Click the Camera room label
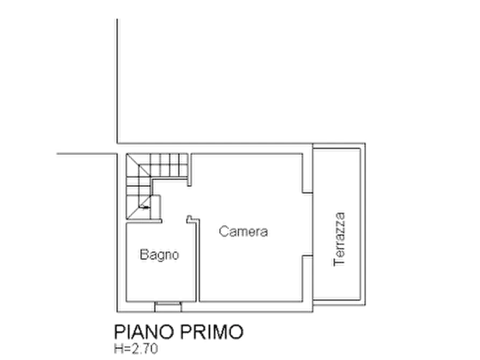coord(243,231)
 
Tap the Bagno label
coord(159,255)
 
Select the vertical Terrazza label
coord(339,240)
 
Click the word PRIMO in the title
coord(212,332)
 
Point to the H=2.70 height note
coord(136,349)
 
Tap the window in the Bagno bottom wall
coord(168,307)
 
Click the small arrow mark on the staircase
coord(146,207)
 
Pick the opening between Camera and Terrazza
coord(307,224)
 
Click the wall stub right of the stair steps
coord(190,170)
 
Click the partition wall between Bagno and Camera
coord(197,260)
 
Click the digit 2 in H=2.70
coord(134,349)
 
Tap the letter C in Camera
coord(224,231)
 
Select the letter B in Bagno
coord(144,254)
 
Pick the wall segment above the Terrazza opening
coord(307,173)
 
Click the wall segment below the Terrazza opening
coord(307,278)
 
